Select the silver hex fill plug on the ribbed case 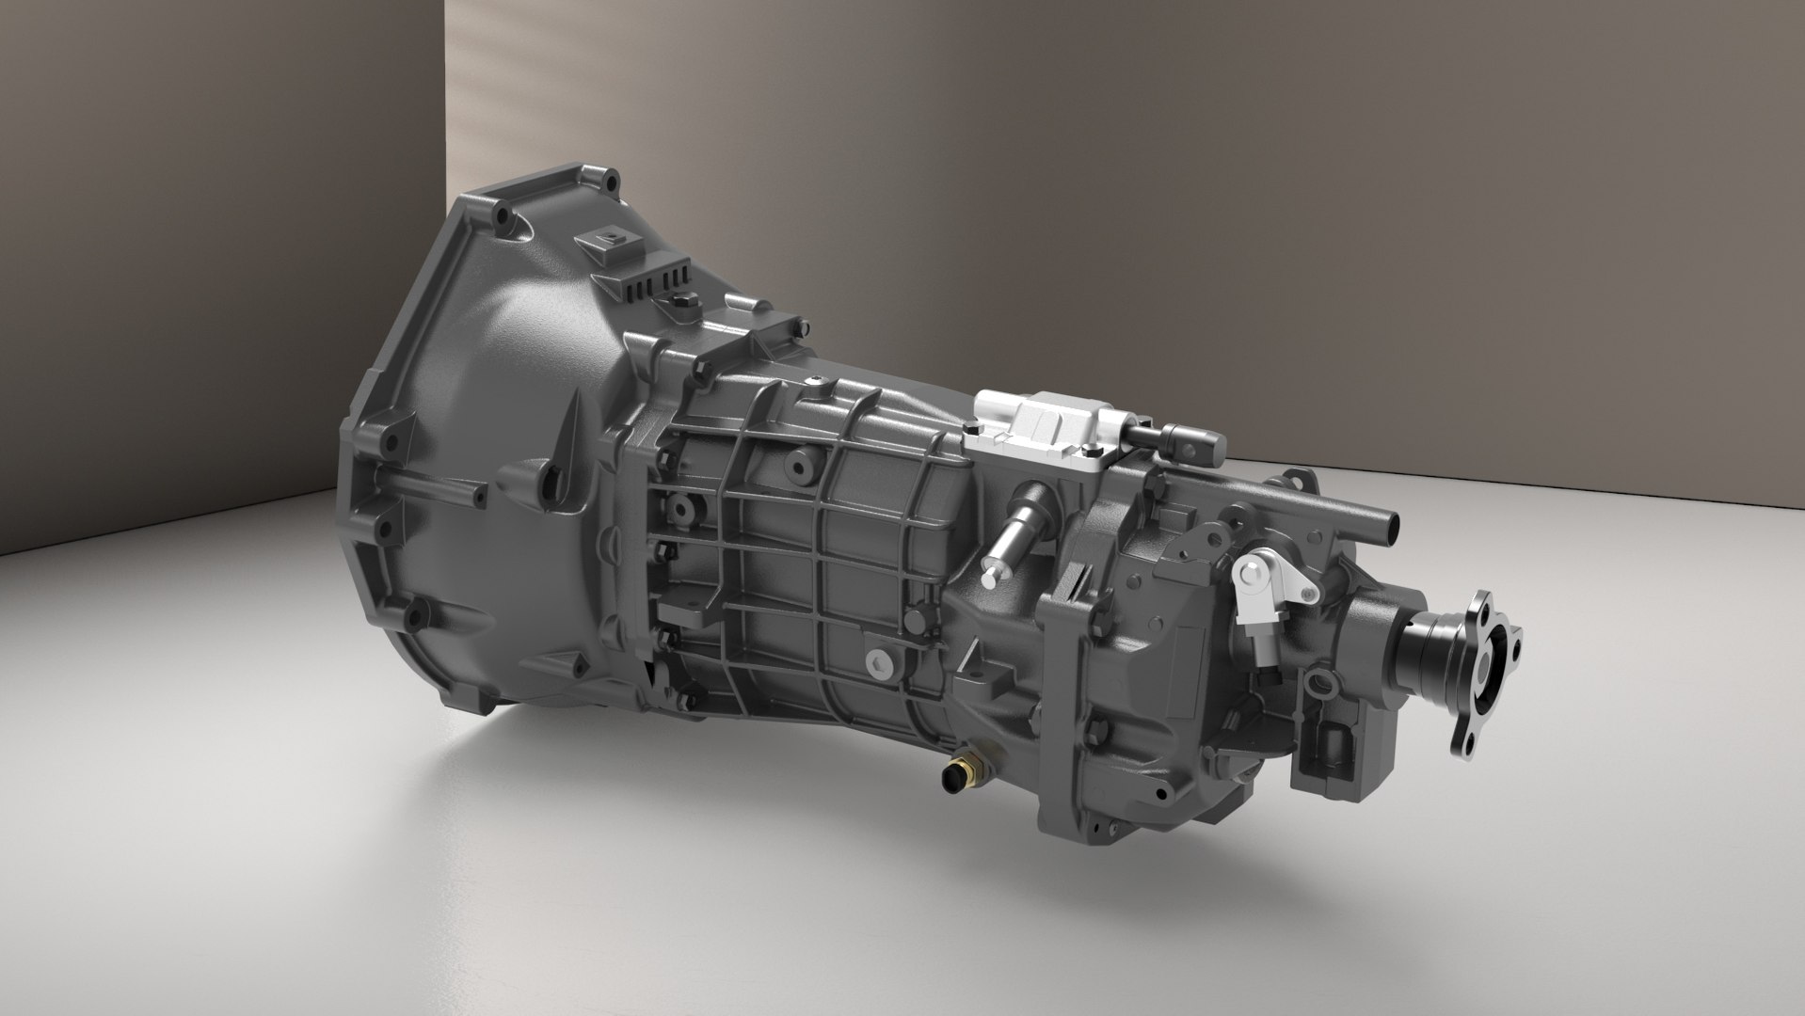(x=879, y=662)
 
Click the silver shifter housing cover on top (x=1045, y=428)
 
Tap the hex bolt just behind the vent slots (x=681, y=302)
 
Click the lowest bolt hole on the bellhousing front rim (x=413, y=617)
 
